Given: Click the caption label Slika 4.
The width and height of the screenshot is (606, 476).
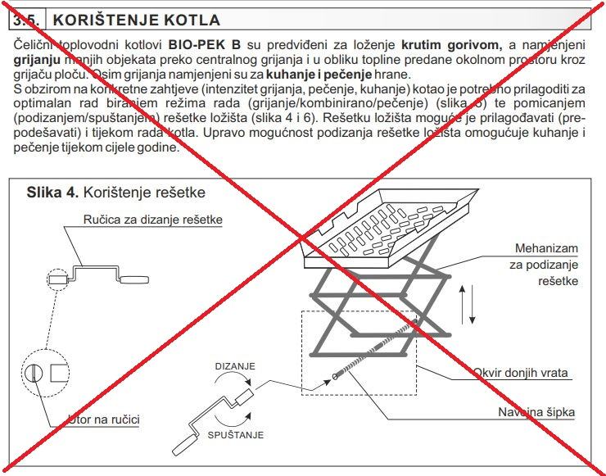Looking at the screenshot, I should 52,193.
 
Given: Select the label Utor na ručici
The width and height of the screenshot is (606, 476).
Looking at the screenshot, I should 104,419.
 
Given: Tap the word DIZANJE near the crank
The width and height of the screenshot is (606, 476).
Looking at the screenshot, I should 237,365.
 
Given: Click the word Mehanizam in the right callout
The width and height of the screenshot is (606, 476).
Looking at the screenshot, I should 546,248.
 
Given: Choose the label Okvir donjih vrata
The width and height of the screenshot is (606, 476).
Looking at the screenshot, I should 520,373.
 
